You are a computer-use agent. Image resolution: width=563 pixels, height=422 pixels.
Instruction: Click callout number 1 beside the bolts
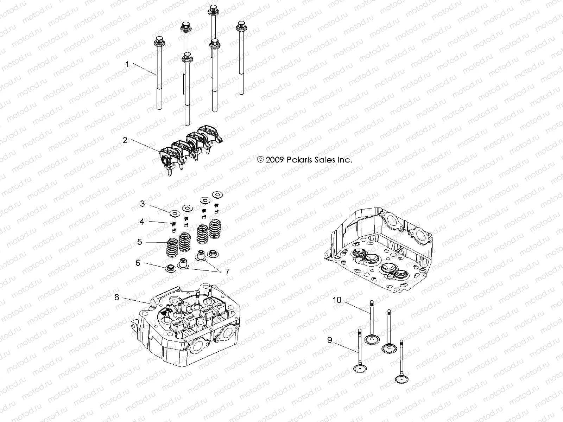coord(127,64)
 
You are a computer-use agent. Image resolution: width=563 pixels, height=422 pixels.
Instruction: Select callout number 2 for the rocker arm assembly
coord(125,140)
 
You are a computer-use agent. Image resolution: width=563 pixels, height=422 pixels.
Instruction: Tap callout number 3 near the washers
coord(142,204)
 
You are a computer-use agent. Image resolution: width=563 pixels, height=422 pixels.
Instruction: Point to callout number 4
coord(142,222)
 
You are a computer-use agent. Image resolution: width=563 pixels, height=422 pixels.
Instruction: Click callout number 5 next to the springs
coord(140,242)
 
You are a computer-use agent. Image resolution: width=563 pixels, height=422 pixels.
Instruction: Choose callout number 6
coord(138,263)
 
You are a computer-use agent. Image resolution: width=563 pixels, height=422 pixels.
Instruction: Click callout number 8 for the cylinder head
coord(117,297)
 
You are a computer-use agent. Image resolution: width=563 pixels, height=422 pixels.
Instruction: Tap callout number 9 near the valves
coord(330,340)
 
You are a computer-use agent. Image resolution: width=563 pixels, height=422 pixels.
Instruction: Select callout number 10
coord(337,300)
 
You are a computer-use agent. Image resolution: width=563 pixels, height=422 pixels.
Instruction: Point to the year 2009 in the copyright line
coord(273,160)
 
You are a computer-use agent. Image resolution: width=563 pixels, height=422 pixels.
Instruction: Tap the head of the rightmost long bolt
coord(241,25)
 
